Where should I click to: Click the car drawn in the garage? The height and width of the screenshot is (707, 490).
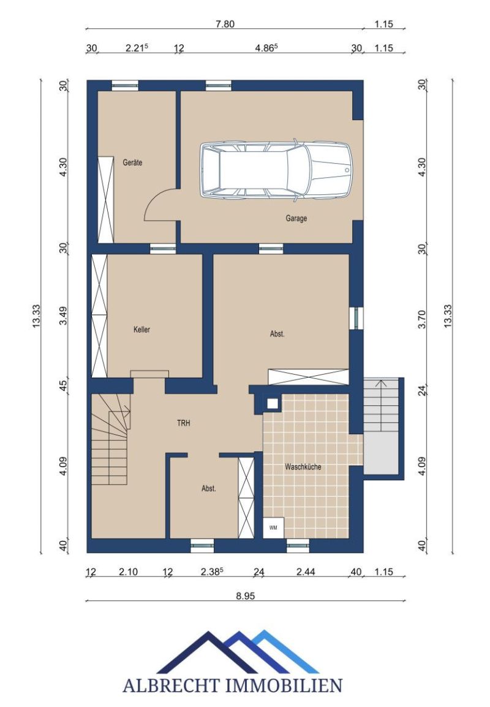pos(276,170)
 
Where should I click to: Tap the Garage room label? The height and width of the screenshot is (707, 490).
pos(296,218)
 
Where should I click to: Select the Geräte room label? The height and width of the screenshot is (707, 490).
pos(132,162)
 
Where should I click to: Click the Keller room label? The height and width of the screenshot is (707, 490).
pos(142,330)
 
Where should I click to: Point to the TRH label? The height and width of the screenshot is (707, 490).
pos(184,423)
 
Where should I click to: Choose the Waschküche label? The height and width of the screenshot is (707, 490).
pos(303,467)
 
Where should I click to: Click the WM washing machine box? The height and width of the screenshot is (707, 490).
pos(273,527)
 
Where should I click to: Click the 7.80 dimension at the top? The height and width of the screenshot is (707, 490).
pos(225,24)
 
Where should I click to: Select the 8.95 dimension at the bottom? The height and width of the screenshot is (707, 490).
pos(246,595)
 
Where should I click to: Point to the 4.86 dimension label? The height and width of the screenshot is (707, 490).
pos(266,48)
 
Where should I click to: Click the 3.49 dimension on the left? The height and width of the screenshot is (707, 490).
pos(64,316)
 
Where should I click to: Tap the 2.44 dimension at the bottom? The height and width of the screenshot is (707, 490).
pos(306,571)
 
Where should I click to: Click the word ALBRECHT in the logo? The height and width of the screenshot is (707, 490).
pos(173,686)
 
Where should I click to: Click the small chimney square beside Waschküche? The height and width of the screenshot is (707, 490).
pos(273,403)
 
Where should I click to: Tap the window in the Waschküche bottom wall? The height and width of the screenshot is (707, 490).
pos(298,546)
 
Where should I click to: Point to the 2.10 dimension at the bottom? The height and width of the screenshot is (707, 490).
pos(129,571)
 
